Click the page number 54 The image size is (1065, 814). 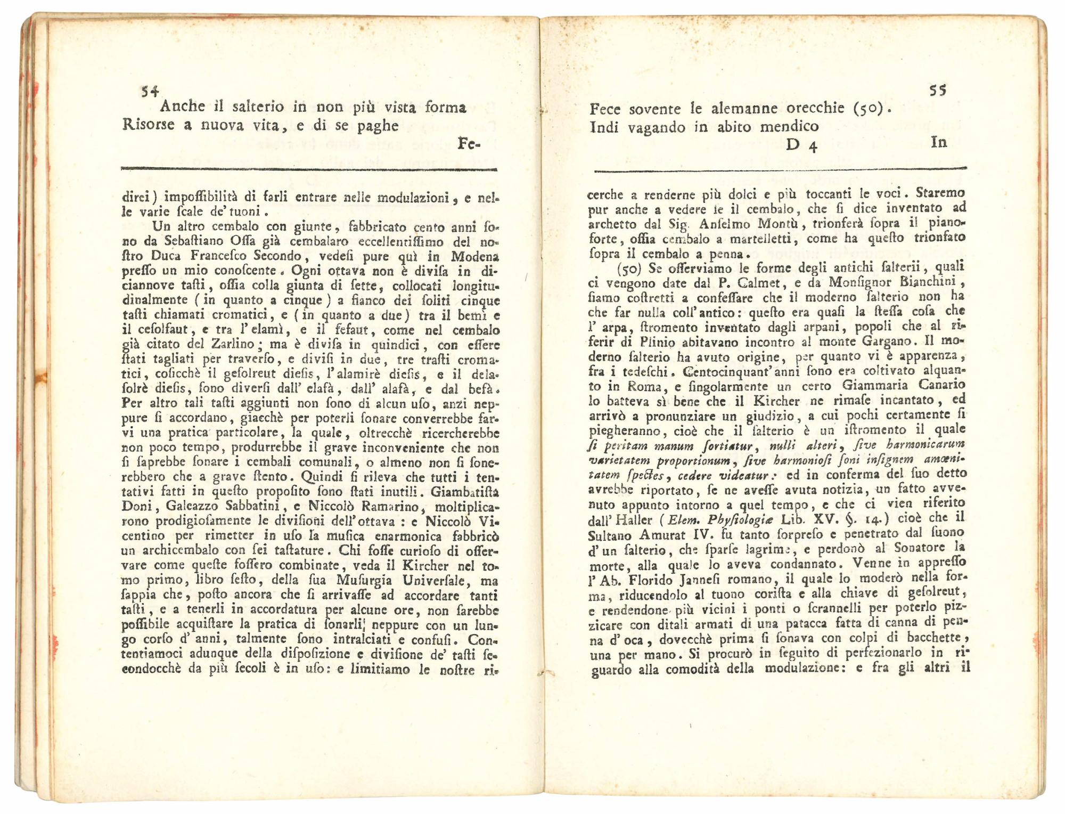[x=150, y=92]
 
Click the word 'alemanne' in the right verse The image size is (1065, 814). [x=734, y=109]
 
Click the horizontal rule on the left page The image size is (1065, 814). [x=309, y=169]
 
